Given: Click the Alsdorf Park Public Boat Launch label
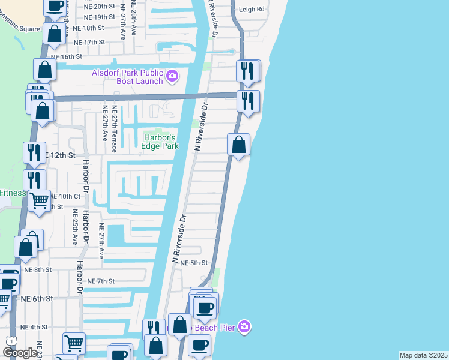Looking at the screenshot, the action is (x=127, y=77).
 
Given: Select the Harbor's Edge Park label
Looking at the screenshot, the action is (x=160, y=142).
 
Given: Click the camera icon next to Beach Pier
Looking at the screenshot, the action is (x=244, y=327).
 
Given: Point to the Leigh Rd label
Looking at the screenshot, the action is (x=252, y=10).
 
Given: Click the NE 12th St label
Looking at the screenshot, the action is (x=62, y=155).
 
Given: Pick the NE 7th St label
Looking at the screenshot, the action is (x=100, y=281).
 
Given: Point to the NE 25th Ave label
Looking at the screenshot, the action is (x=76, y=227).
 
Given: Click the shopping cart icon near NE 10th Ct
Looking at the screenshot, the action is (x=40, y=201).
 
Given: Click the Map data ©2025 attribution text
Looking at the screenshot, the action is (x=423, y=355).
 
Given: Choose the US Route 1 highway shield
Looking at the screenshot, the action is (x=10, y=341).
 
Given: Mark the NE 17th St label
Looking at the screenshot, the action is (x=89, y=42).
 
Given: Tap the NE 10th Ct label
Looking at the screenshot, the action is (x=65, y=196).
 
